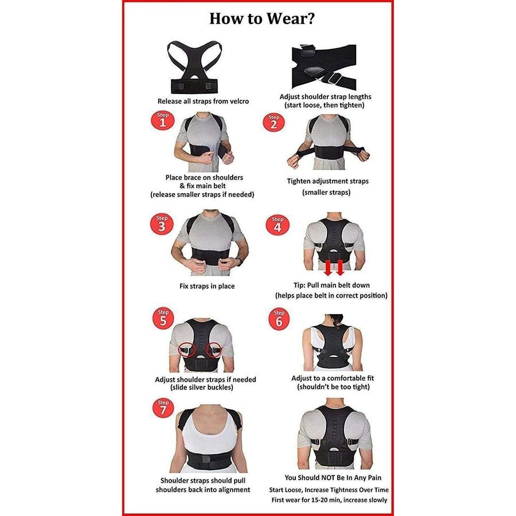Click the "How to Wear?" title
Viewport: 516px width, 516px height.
point(262,18)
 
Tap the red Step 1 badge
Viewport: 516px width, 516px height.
point(163,120)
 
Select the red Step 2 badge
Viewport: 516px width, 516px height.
point(273,123)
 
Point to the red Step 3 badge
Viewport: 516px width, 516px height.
point(162,224)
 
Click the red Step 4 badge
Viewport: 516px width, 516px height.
point(277,225)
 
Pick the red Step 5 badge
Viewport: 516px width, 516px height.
point(163,318)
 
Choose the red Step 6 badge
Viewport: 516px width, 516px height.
point(279,319)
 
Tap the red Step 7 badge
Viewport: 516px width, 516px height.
point(163,408)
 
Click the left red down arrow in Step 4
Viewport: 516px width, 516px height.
point(328,268)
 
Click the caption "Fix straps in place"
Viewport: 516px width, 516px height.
point(207,286)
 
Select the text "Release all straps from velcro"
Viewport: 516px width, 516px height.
point(203,101)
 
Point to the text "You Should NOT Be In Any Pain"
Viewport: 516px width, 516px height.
point(333,478)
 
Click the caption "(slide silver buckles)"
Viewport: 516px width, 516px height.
point(202,388)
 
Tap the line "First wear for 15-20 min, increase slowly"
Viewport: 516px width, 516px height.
point(329,500)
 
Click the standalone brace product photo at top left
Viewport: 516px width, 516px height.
point(194,67)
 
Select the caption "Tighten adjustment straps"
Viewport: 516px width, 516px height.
point(328,181)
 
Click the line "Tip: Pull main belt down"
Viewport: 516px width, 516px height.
point(332,285)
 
